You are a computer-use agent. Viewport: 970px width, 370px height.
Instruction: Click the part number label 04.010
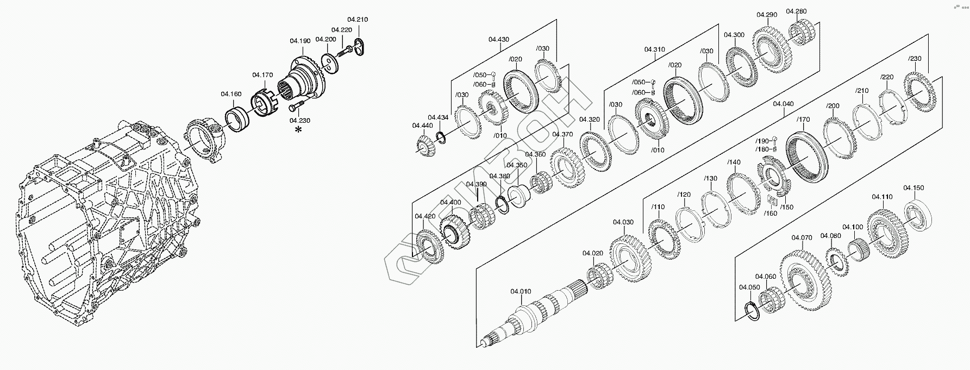[520, 292]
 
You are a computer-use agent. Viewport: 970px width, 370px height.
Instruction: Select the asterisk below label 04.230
[298, 129]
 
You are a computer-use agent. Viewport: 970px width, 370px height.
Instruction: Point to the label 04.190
[300, 41]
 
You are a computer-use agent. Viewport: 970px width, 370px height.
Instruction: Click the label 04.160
[231, 94]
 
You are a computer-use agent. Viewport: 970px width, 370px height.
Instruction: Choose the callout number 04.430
[498, 39]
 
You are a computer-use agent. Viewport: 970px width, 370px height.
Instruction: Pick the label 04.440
[422, 126]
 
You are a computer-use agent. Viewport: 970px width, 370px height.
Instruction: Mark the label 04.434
[438, 117]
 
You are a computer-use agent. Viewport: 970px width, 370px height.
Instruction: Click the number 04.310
[655, 49]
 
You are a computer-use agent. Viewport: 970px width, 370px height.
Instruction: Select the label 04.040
[783, 104]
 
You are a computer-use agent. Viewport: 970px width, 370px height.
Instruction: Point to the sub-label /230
[915, 59]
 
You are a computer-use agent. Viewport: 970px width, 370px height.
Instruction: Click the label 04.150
[913, 188]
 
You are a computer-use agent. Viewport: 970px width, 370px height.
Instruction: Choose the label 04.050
[749, 287]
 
